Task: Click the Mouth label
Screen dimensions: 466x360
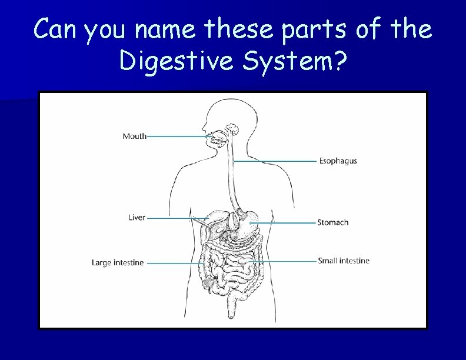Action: point(134,136)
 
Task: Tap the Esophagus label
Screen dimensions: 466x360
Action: point(338,161)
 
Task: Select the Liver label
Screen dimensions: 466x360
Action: point(137,218)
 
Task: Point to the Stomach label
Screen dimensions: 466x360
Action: point(333,222)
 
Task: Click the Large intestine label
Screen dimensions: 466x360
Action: point(118,263)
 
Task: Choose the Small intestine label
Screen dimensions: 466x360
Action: point(344,261)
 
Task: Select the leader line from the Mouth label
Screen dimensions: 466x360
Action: point(177,136)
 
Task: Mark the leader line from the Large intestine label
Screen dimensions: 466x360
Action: point(174,263)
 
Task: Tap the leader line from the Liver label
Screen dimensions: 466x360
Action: point(177,218)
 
